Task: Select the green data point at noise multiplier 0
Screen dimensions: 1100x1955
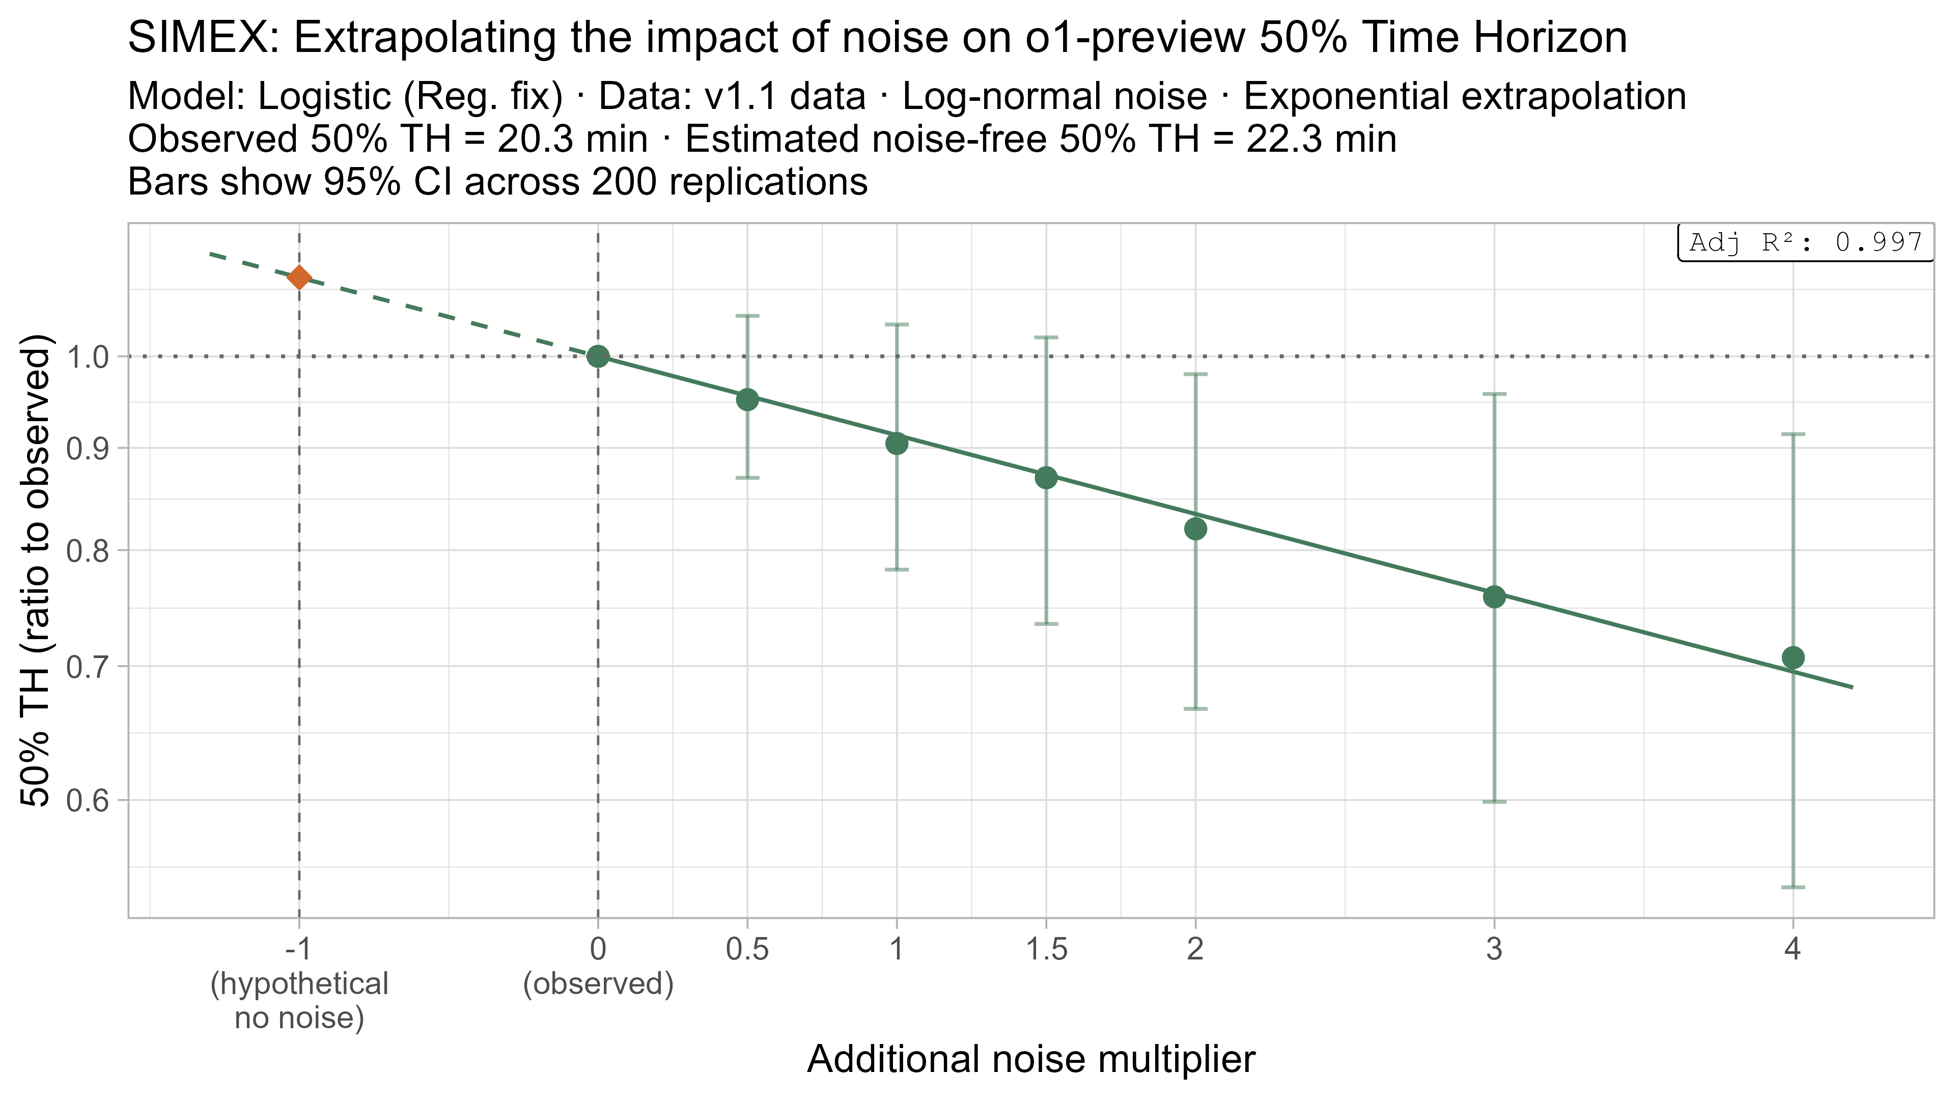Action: click(598, 356)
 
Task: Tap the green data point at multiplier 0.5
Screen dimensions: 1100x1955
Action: click(747, 399)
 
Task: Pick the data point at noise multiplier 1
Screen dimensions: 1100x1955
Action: click(897, 444)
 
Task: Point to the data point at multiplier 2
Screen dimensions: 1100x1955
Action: click(1195, 529)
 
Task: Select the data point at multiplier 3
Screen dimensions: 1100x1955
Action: click(1494, 597)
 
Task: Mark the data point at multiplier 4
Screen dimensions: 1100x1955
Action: click(1793, 657)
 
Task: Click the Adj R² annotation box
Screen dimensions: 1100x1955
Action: click(1805, 243)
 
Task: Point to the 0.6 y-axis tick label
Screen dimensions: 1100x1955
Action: click(88, 800)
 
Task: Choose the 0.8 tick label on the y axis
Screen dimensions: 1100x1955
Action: click(88, 551)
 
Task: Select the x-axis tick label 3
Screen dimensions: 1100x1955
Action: click(1494, 949)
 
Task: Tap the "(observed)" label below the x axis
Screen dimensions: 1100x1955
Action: click(598, 984)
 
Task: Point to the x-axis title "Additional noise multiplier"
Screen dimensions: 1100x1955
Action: click(1030, 1059)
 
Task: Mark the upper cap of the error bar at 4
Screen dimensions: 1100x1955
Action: click(1793, 434)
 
